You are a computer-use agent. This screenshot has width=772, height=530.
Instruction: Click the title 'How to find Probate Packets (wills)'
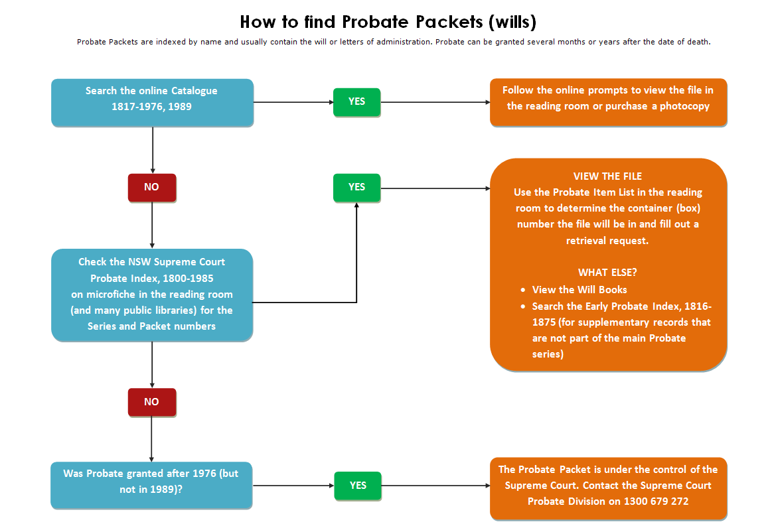coord(388,22)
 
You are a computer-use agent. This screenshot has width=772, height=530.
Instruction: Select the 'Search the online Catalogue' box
coord(152,102)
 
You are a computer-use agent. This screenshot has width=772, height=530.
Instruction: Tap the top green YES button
coord(356,101)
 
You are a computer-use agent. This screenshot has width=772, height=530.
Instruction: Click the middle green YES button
coord(356,187)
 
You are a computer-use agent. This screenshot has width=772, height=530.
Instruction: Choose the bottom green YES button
coord(357,486)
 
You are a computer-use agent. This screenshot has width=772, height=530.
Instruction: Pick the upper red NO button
coord(152,187)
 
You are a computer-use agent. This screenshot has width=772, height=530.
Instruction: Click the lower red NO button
coord(152,402)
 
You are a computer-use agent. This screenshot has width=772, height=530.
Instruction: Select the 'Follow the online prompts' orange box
coord(608,102)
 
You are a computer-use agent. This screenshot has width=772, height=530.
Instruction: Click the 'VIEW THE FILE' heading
coord(607,176)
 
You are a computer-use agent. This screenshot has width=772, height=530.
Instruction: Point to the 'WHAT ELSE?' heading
coord(607,273)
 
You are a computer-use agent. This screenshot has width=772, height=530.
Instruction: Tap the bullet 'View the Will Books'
coord(579,289)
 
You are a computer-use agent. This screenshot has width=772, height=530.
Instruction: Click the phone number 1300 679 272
coord(656,501)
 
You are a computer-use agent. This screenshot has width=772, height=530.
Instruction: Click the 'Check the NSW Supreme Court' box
coord(152,295)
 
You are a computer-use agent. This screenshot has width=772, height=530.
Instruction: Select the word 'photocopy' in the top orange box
coord(684,106)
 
